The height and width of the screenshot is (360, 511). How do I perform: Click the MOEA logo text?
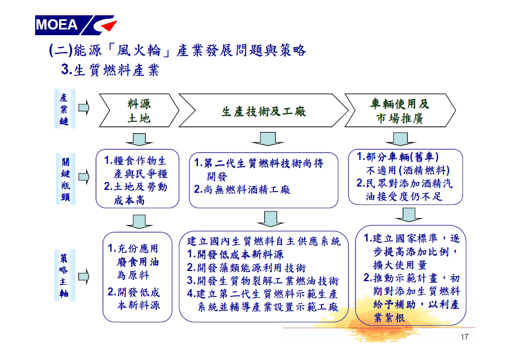pyautogui.click(x=57, y=25)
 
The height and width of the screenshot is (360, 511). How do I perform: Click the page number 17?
pyautogui.click(x=464, y=337)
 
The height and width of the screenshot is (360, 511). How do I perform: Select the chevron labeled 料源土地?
pyautogui.click(x=139, y=111)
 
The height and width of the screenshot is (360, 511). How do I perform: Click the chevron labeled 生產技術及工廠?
pyautogui.click(x=264, y=111)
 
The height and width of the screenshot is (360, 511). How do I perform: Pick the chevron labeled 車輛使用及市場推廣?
pyautogui.click(x=400, y=111)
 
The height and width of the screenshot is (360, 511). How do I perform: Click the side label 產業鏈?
pyautogui.click(x=65, y=109)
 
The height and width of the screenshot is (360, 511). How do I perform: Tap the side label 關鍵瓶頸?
pyautogui.click(x=65, y=179)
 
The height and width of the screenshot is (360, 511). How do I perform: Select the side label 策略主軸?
pyautogui.click(x=65, y=275)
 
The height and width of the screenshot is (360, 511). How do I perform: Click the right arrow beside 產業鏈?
pyautogui.click(x=84, y=108)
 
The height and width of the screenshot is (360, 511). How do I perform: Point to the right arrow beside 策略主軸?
pyautogui.click(x=84, y=277)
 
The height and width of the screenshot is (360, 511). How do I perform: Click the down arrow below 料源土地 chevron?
pyautogui.click(x=139, y=139)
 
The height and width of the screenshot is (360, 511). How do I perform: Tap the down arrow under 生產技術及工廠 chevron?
pyautogui.click(x=268, y=138)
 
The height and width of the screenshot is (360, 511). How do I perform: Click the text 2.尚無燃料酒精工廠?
pyautogui.click(x=242, y=189)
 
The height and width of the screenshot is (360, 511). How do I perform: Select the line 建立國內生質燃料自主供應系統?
pyautogui.click(x=264, y=241)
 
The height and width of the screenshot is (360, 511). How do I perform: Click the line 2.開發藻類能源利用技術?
pyautogui.click(x=247, y=268)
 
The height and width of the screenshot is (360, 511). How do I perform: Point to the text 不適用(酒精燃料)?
pyautogui.click(x=408, y=170)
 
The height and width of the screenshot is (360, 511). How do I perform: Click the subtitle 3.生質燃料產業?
pyautogui.click(x=110, y=70)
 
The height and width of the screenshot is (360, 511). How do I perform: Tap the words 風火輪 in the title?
pyautogui.click(x=139, y=50)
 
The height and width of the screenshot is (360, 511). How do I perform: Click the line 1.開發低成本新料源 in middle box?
pyautogui.click(x=235, y=254)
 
